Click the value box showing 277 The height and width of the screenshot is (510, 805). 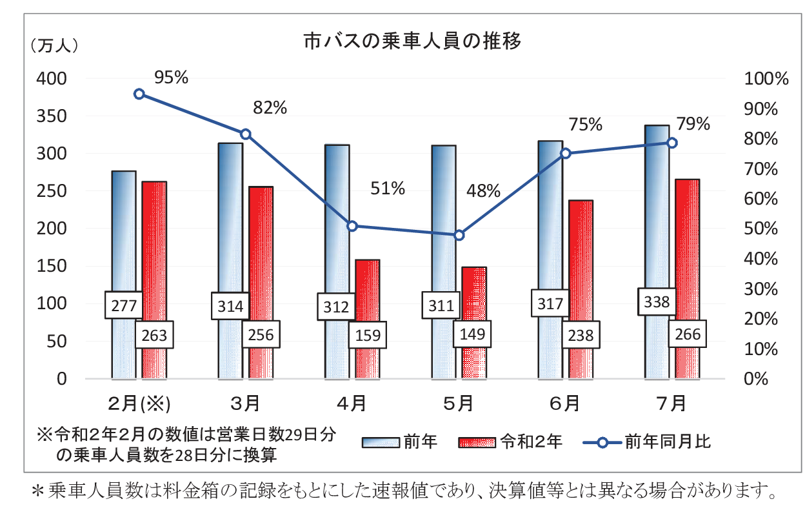(x=124, y=305)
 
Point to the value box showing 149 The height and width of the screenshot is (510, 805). (x=473, y=334)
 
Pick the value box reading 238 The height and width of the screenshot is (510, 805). (x=580, y=335)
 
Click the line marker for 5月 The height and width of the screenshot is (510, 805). (x=459, y=235)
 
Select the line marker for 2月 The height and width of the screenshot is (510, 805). (x=139, y=94)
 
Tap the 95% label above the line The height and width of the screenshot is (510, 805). (x=171, y=77)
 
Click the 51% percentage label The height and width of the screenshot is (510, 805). (x=387, y=189)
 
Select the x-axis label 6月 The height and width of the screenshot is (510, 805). (x=564, y=404)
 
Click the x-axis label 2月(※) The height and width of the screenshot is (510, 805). (x=138, y=404)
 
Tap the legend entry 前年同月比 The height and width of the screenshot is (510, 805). (x=667, y=442)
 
